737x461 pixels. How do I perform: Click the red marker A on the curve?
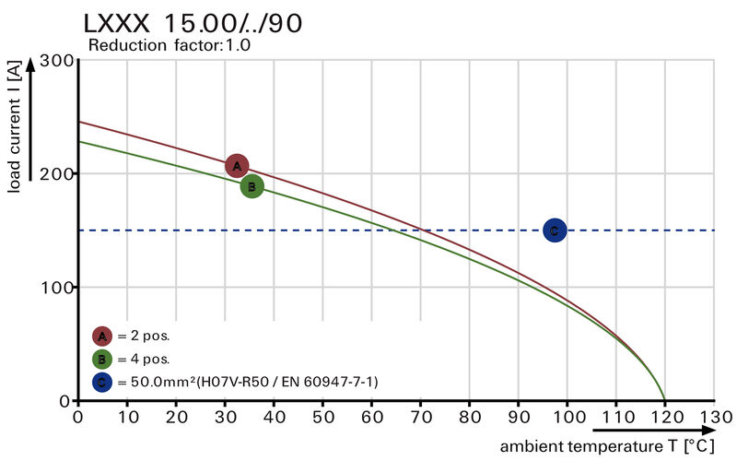point(237,166)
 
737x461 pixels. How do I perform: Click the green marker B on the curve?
point(252,186)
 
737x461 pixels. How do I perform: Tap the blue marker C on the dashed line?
point(554,230)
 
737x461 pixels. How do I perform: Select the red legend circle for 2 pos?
point(102,336)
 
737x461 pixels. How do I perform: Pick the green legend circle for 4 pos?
point(102,359)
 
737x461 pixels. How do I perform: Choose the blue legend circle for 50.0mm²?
point(102,381)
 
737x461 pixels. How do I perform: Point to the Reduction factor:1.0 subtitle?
point(169,44)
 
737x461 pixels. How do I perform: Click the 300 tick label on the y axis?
point(56,61)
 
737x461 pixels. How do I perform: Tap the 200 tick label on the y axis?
point(56,174)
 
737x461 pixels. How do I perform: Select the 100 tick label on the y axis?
point(56,288)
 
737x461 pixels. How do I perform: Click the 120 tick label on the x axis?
point(664,416)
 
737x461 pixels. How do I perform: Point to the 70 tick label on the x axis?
point(420,416)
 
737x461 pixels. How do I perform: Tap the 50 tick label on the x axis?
point(322,416)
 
